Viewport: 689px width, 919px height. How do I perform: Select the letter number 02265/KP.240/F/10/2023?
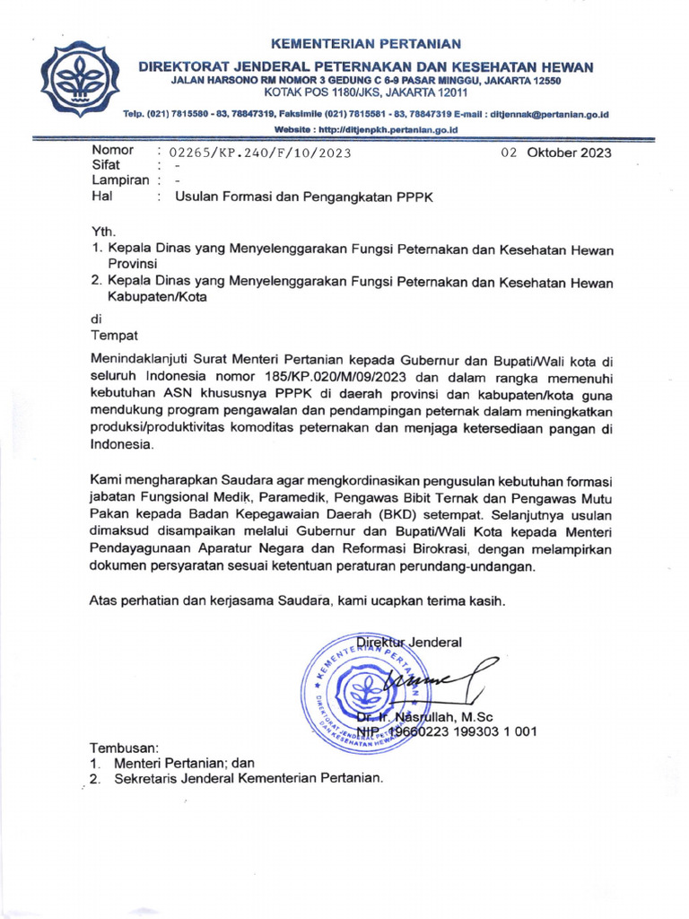click(253, 153)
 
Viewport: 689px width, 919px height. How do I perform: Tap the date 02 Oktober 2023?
click(556, 153)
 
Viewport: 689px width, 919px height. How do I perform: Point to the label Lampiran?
click(119, 180)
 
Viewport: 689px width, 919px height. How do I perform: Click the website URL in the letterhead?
click(365, 130)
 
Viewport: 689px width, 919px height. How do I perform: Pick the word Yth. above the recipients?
click(103, 232)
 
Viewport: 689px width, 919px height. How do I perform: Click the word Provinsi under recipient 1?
click(133, 264)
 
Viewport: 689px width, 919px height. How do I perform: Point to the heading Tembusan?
click(124, 748)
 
